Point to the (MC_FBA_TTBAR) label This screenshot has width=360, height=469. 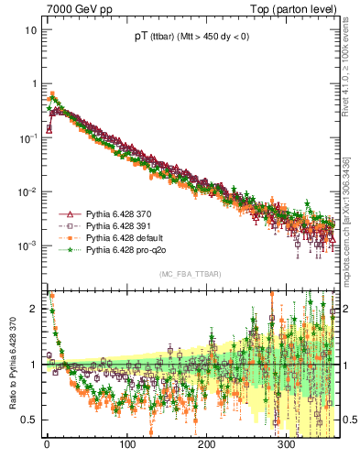pos(190,274)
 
